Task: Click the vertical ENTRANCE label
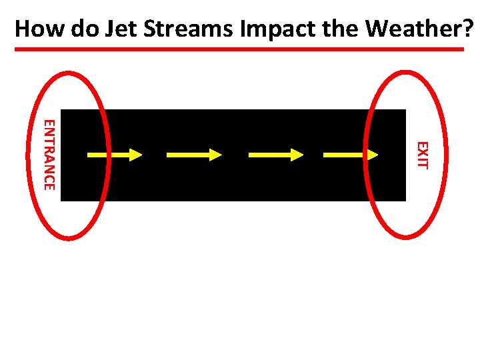point(49,154)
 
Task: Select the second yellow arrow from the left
point(194,155)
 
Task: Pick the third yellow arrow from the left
point(276,155)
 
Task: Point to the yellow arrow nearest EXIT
point(351,155)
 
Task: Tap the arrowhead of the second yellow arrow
point(215,155)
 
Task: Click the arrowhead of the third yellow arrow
point(297,155)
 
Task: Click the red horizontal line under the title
point(240,49)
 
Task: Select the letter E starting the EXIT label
point(421,145)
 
